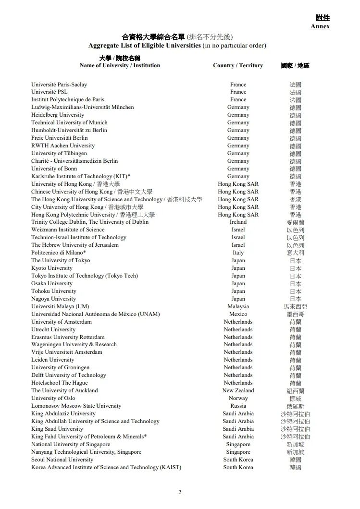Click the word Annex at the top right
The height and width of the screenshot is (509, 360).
coord(320,26)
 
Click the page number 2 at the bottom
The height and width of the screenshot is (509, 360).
coord(180,492)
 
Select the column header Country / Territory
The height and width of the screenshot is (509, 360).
coord(238,65)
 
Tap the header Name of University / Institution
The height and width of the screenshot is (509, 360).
coord(120,65)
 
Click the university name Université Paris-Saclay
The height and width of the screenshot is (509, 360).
coord(59,85)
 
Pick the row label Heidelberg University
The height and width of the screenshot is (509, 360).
coord(58,115)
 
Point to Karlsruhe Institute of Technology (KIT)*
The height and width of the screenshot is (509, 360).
coord(81,176)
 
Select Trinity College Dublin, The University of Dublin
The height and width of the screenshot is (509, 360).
coord(90,222)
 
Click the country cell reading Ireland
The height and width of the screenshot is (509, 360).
coord(238,222)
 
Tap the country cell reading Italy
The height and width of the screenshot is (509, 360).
coord(238,253)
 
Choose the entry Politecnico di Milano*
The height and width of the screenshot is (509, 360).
coord(59,253)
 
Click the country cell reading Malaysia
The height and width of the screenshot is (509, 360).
coord(238,306)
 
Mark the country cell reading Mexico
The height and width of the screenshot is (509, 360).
coord(238,314)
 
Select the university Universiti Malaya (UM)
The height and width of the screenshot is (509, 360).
coord(60,306)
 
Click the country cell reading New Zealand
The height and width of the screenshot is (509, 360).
coord(238,390)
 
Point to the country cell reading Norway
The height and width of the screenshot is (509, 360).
coord(238,398)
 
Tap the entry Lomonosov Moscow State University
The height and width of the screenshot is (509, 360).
coord(76,406)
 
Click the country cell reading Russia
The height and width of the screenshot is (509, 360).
coord(238,406)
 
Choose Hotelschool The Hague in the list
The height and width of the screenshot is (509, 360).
coord(60,383)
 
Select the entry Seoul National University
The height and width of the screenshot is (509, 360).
coord(62,460)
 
